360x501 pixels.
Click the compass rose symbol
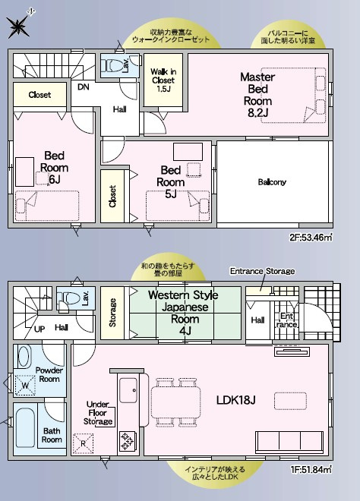click(19, 26)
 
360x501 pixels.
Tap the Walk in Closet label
click(163, 80)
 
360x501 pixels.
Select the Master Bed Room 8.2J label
click(257, 95)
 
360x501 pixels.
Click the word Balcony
click(272, 182)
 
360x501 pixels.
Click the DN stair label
click(84, 87)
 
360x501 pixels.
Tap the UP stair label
click(39, 329)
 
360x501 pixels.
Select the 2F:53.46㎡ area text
click(311, 238)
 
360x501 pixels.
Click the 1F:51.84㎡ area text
click(311, 470)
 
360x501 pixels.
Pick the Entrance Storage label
click(262, 271)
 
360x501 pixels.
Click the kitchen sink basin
click(128, 390)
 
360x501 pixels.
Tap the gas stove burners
click(128, 440)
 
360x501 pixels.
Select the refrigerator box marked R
click(83, 443)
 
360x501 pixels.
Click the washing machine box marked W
click(25, 386)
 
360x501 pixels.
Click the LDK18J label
click(235, 400)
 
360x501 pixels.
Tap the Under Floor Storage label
click(98, 413)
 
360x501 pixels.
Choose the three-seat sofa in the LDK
click(289, 442)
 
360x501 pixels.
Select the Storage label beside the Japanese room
click(112, 313)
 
